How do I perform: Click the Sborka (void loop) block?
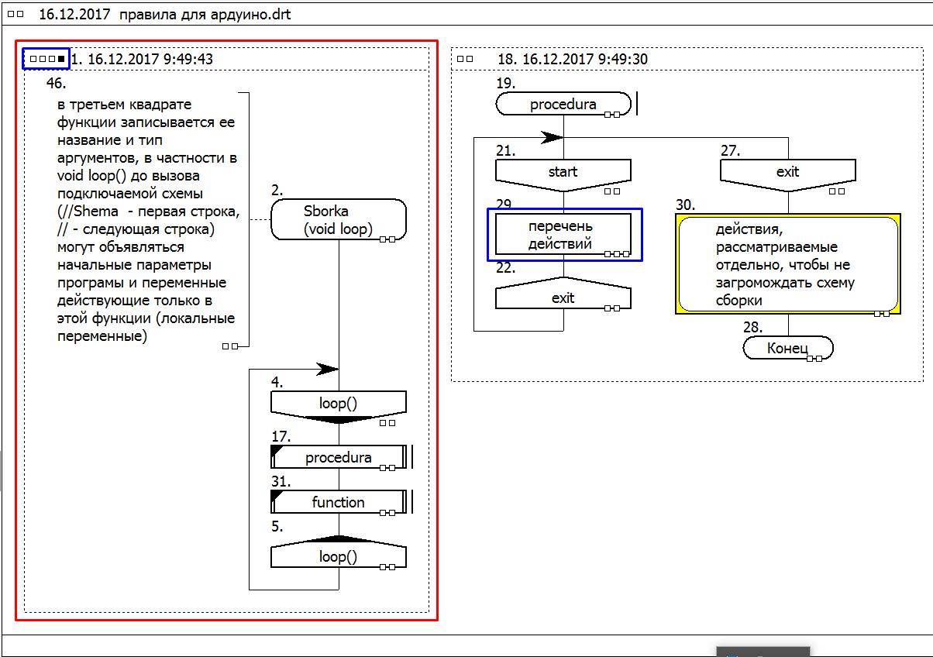338,219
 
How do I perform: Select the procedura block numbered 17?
338,457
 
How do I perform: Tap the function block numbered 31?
338,502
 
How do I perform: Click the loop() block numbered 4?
338,406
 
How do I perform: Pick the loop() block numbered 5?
338,552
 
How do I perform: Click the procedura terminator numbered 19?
563,104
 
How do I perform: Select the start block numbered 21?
563,175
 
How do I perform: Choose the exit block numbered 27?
788,175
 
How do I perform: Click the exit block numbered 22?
563,293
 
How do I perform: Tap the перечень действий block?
563,235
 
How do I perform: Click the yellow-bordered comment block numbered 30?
788,264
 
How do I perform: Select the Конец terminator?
788,348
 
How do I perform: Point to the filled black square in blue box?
61,59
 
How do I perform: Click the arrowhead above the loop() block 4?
328,369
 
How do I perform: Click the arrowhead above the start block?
553,137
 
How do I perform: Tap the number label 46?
57,83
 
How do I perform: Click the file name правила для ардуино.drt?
205,15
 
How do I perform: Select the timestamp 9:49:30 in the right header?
623,59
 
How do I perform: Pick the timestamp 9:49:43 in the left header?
188,59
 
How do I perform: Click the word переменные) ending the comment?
102,336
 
